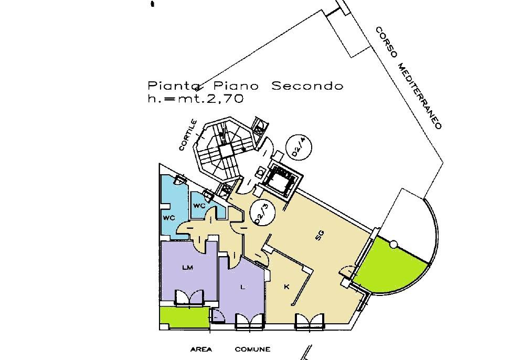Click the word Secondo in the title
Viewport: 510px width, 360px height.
(x=307, y=86)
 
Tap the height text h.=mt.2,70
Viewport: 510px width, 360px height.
(x=196, y=98)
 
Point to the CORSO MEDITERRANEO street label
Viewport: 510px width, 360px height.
(x=409, y=78)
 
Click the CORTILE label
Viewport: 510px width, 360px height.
(x=188, y=135)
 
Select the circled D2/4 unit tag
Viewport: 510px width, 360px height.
(x=299, y=147)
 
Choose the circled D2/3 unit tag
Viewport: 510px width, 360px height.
(x=262, y=213)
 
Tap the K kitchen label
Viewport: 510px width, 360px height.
(x=286, y=287)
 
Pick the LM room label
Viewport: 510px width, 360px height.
(x=188, y=268)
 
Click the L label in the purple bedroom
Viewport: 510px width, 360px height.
(x=242, y=287)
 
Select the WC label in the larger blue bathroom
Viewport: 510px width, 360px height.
(x=169, y=218)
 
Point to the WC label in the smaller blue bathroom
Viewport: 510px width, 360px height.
(x=199, y=206)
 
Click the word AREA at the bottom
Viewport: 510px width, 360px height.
(x=201, y=350)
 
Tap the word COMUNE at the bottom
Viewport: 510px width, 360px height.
(x=252, y=350)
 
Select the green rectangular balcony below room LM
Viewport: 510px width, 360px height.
(x=185, y=317)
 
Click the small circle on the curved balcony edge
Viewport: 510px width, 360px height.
(x=394, y=244)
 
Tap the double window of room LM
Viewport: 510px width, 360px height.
(x=189, y=298)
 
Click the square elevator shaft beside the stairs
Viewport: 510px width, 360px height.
(x=282, y=180)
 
